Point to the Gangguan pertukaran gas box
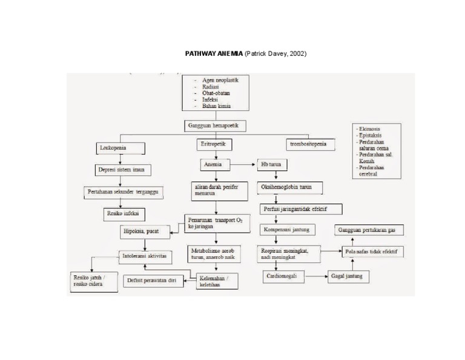click(370, 231)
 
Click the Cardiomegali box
click(284, 276)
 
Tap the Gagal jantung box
click(347, 276)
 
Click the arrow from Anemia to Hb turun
click(242, 164)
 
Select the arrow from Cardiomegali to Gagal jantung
click(315, 276)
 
